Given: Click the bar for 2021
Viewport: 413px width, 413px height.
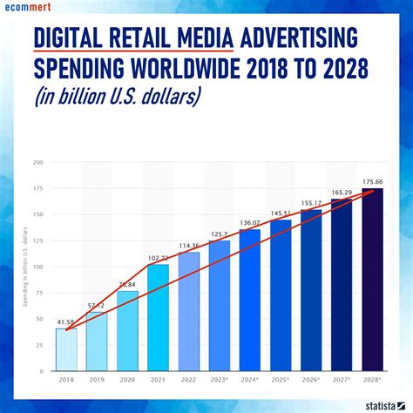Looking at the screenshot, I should (x=159, y=317).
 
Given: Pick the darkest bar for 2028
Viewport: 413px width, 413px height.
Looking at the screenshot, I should (x=372, y=279).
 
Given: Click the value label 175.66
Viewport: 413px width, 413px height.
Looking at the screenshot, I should (x=373, y=181).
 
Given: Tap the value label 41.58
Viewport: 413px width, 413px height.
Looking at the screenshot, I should (x=64, y=322).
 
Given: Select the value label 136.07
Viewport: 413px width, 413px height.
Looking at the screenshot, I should (x=250, y=221).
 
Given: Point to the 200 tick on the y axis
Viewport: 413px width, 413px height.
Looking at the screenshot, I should (x=38, y=162).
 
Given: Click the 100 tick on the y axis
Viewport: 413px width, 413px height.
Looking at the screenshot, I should (x=38, y=266).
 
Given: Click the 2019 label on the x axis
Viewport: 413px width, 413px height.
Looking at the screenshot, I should (x=98, y=381).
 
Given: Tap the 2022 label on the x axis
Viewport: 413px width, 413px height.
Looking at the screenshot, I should (x=189, y=381).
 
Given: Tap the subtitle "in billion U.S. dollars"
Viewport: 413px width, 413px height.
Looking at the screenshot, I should (x=119, y=98).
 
